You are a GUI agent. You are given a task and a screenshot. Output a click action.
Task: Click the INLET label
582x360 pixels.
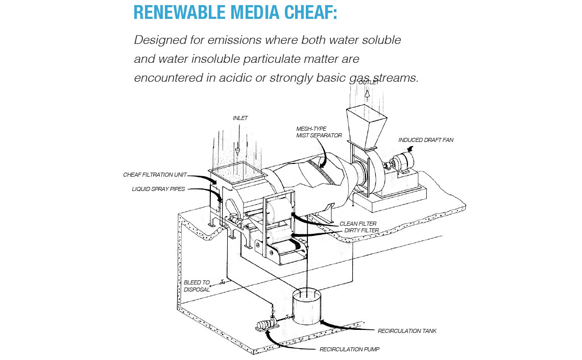240,118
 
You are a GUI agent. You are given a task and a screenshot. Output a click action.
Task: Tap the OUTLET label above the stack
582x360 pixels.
369,82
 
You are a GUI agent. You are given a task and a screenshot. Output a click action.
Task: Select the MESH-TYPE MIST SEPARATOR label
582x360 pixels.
319,132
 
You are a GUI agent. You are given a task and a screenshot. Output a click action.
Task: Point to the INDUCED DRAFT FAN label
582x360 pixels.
426,140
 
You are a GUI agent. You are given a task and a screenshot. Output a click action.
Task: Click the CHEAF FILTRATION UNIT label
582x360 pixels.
155,175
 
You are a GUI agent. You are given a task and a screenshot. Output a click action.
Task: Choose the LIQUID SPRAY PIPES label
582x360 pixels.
158,189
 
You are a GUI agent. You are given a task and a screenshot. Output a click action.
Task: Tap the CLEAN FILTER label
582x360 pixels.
358,224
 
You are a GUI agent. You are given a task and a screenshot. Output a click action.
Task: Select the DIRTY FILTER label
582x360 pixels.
361,230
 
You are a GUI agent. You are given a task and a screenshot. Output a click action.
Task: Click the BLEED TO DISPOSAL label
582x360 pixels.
197,286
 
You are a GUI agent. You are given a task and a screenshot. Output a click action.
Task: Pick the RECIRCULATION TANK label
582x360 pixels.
407,331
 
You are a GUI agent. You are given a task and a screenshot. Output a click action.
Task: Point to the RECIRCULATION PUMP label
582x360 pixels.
349,349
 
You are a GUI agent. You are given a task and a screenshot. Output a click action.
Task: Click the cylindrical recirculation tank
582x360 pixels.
307,307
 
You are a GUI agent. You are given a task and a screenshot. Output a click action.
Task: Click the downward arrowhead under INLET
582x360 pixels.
238,152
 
